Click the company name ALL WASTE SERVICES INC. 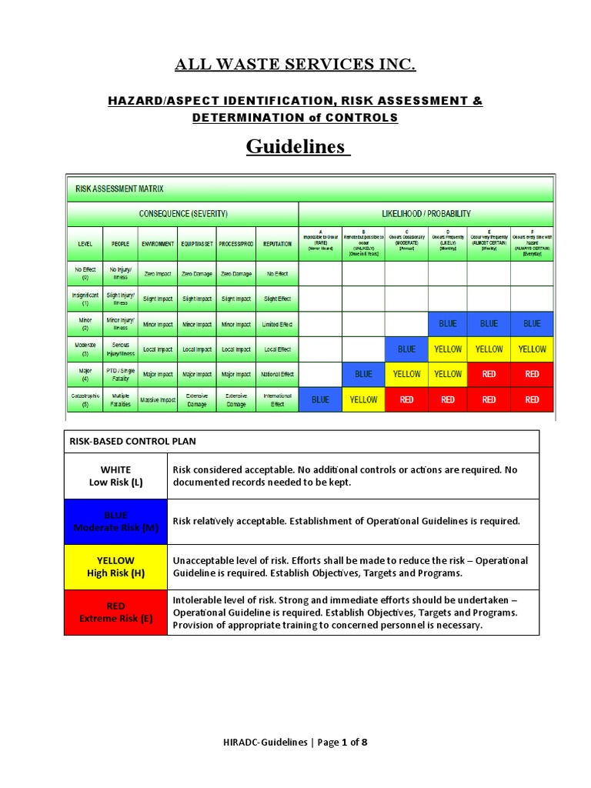coord(295,65)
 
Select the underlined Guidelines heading coord(297,146)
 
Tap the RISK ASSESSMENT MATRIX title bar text coord(119,189)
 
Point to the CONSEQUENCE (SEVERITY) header coord(182,213)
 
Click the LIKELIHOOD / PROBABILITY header coord(426,213)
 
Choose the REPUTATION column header coord(277,244)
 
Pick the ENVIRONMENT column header coord(158,244)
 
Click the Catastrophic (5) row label coord(85,400)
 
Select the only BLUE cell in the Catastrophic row coord(319,400)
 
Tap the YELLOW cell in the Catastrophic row coord(363,400)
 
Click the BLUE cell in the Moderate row coord(406,349)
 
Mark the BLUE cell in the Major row coord(363,375)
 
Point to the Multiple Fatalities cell coord(120,400)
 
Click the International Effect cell coord(277,400)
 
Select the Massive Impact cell coord(158,400)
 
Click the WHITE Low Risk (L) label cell coord(115,476)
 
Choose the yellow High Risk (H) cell coord(115,566)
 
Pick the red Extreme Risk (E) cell coord(115,613)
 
